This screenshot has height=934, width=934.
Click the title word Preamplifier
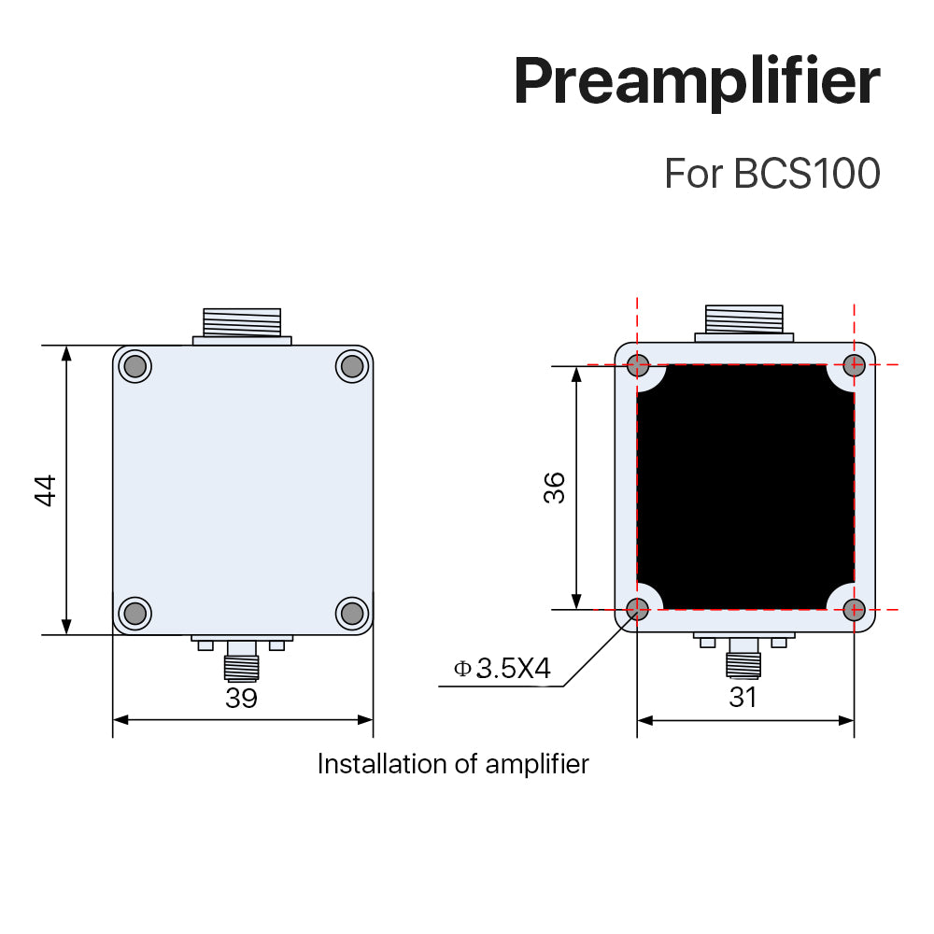pyautogui.click(x=696, y=82)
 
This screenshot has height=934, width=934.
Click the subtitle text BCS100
pyautogui.click(x=807, y=174)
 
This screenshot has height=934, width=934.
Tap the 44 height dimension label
pyautogui.click(x=46, y=490)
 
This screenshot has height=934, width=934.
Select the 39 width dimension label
pyautogui.click(x=241, y=698)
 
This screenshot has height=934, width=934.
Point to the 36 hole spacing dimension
pyautogui.click(x=555, y=488)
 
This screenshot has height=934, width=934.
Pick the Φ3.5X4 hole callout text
pyautogui.click(x=502, y=669)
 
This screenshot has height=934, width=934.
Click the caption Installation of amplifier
pyautogui.click(x=453, y=764)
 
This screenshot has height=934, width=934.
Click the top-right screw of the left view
pyautogui.click(x=351, y=365)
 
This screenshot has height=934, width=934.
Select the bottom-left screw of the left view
pyautogui.click(x=134, y=613)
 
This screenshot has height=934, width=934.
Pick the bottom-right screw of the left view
pyautogui.click(x=351, y=613)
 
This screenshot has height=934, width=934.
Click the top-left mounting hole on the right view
pyautogui.click(x=638, y=364)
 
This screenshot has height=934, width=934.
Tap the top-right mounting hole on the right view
pyautogui.click(x=854, y=364)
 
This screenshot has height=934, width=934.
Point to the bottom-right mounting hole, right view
pyautogui.click(x=854, y=610)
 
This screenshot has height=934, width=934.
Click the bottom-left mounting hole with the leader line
pyautogui.click(x=638, y=610)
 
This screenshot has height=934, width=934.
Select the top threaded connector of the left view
pyautogui.click(x=242, y=323)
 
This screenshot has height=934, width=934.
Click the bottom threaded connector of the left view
pyautogui.click(x=241, y=664)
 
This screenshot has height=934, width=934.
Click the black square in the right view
pyautogui.click(x=745, y=487)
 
